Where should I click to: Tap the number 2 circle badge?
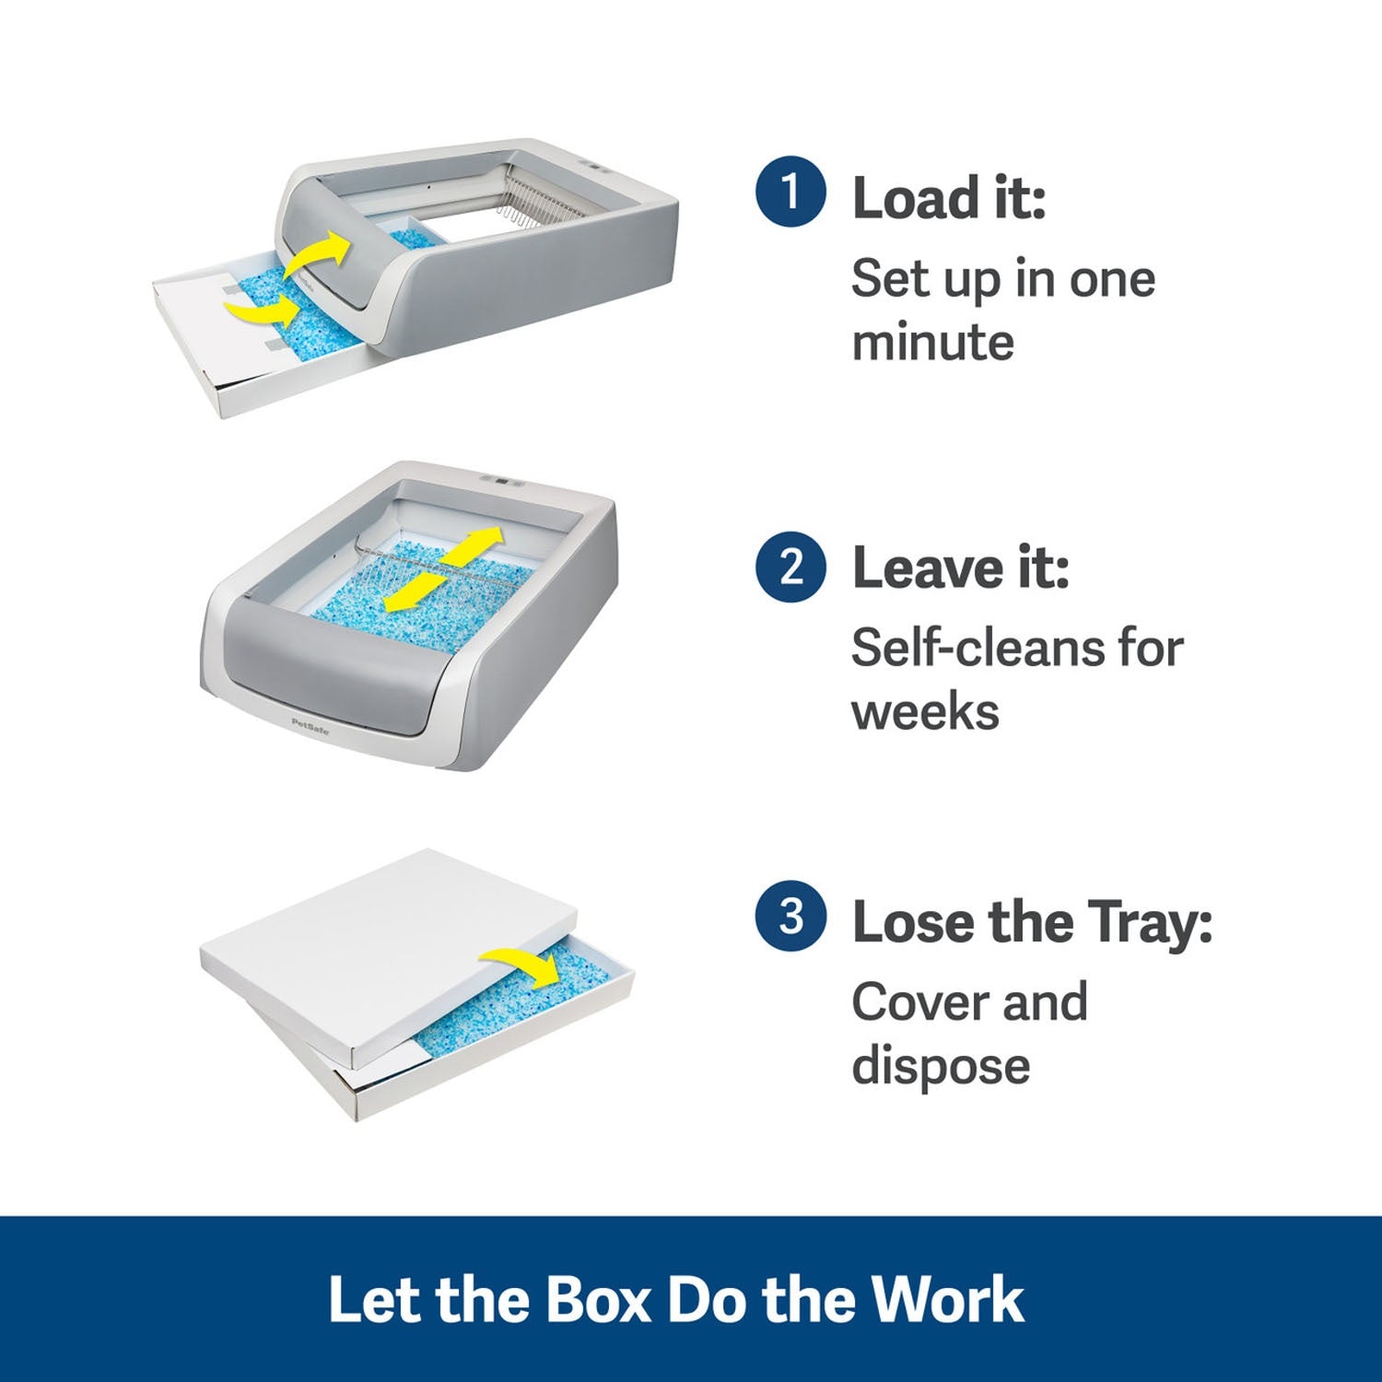(790, 567)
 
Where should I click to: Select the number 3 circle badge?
(790, 917)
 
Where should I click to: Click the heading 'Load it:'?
(949, 199)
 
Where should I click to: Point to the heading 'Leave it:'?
(960, 568)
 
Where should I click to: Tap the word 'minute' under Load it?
(932, 343)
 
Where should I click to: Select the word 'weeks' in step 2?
(925, 712)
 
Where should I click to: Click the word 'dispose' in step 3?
(941, 1067)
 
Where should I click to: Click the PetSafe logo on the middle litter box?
(310, 724)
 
